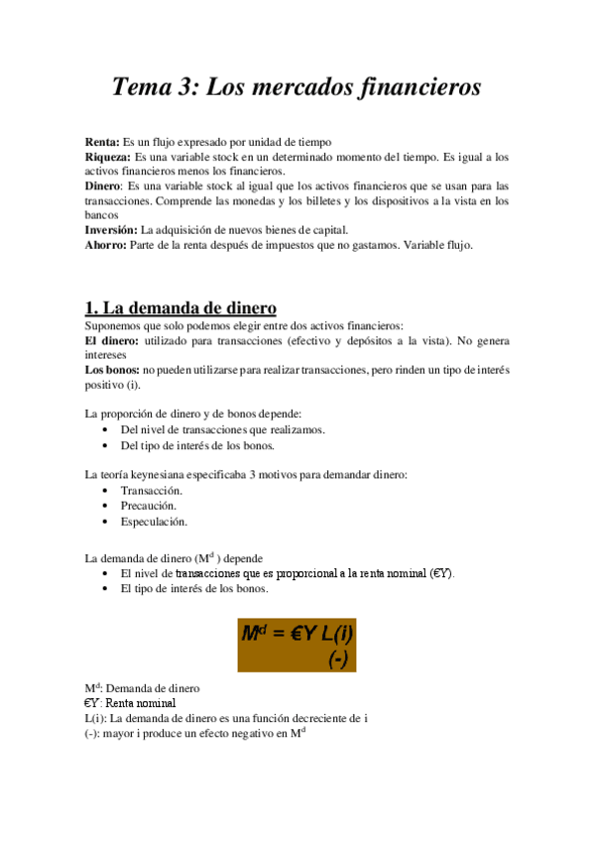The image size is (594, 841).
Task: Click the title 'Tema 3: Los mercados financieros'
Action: point(297,87)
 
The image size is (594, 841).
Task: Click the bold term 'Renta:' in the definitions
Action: point(102,142)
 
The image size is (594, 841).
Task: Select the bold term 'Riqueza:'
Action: point(108,157)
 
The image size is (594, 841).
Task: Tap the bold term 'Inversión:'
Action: point(112,229)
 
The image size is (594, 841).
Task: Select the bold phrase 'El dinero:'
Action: point(112,340)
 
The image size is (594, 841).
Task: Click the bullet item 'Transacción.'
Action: point(151,490)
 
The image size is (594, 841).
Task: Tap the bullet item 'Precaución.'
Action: point(149,505)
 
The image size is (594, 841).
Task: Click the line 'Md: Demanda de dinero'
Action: point(142,687)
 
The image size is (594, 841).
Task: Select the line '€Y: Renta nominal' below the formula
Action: point(129,702)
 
